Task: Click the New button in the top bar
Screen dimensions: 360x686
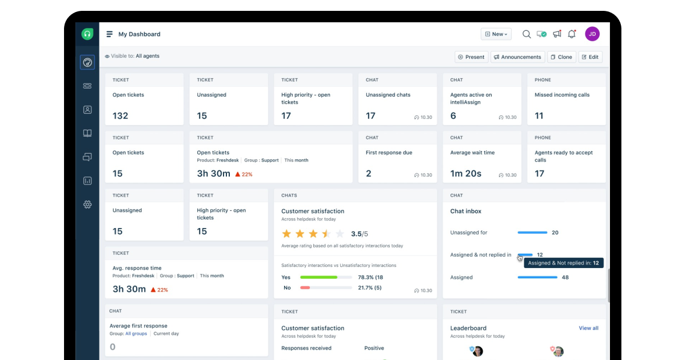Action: [496, 34]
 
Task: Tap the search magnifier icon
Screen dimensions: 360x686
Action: [527, 34]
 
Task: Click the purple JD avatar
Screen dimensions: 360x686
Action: [592, 34]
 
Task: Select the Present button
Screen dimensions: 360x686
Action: [472, 57]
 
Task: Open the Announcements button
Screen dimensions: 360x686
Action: [517, 57]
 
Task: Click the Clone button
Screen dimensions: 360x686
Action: [561, 57]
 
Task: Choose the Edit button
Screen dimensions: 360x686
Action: [591, 57]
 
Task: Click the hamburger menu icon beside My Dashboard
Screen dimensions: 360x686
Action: [110, 34]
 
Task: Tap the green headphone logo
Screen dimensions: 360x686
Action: [87, 34]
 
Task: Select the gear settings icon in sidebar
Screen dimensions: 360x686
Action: [87, 205]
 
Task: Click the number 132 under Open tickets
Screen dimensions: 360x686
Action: [120, 116]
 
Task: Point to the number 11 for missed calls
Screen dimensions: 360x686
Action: [539, 116]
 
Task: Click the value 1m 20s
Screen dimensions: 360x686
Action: [465, 174]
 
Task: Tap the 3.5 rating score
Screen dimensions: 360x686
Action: [357, 234]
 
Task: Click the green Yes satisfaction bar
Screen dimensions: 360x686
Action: [318, 277]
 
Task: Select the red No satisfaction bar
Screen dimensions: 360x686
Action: [305, 287]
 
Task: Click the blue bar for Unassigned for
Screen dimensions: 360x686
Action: [532, 233]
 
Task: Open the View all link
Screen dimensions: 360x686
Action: [588, 329]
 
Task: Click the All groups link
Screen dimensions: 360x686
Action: [136, 334]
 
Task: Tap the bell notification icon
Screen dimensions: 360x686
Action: [572, 34]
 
